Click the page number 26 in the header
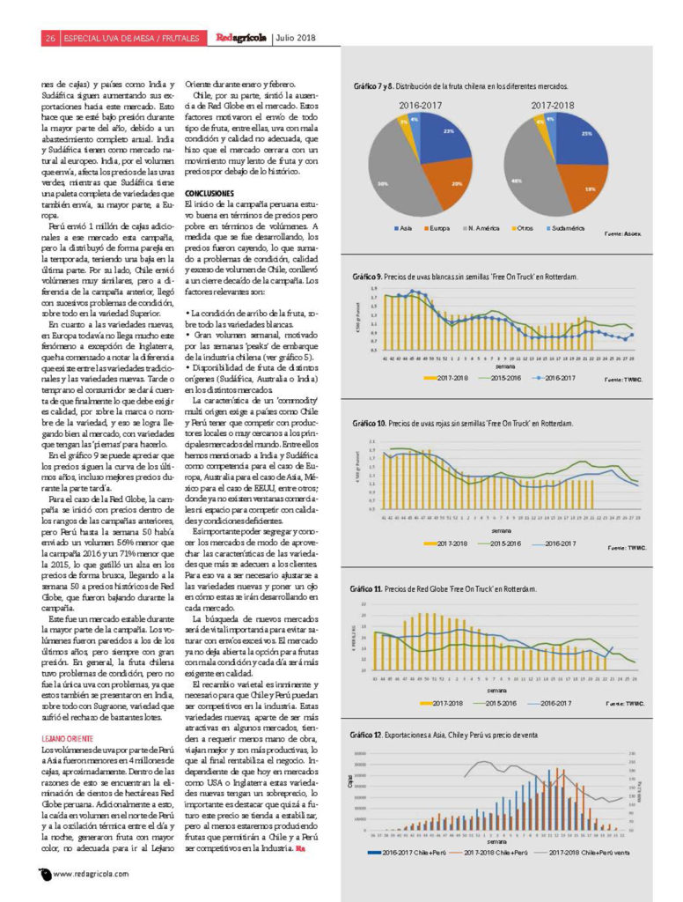coord(50,37)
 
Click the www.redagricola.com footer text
coord(92,874)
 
